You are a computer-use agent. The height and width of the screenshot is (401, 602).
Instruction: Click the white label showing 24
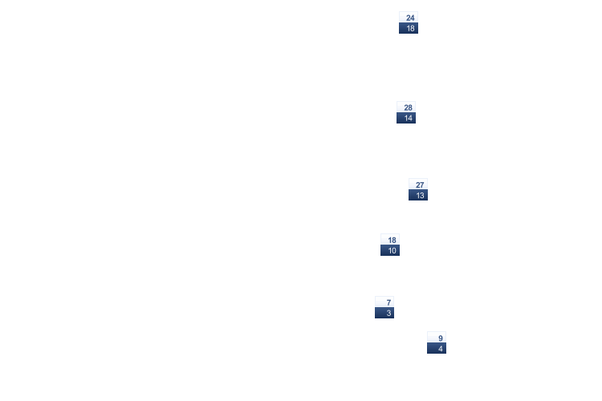pyautogui.click(x=409, y=18)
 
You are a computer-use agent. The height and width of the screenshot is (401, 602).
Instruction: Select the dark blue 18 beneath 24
pyautogui.click(x=409, y=28)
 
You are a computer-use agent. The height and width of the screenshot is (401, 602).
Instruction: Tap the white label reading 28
pyautogui.click(x=406, y=107)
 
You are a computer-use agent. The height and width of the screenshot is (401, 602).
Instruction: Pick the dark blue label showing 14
pyautogui.click(x=406, y=118)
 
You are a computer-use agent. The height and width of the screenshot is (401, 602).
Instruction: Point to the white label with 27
pyautogui.click(x=418, y=184)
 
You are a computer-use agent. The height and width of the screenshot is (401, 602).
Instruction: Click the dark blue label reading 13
pyautogui.click(x=418, y=195)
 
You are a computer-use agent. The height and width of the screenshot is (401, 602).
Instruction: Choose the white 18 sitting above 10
pyautogui.click(x=390, y=240)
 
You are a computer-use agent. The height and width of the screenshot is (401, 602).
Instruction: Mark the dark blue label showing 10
pyautogui.click(x=390, y=250)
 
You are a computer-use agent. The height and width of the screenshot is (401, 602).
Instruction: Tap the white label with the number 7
pyautogui.click(x=384, y=302)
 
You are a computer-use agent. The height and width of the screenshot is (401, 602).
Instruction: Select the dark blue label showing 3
pyautogui.click(x=384, y=313)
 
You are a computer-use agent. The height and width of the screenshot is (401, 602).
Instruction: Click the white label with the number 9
pyautogui.click(x=437, y=338)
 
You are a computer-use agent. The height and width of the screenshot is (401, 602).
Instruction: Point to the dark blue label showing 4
pyautogui.click(x=437, y=348)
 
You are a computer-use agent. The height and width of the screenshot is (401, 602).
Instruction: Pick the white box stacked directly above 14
pyautogui.click(x=406, y=107)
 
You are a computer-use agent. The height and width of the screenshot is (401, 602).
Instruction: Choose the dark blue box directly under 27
pyautogui.click(x=418, y=195)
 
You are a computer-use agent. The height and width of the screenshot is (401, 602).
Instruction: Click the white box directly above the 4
pyautogui.click(x=437, y=338)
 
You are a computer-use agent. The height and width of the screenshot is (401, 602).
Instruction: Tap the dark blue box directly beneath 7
pyautogui.click(x=384, y=313)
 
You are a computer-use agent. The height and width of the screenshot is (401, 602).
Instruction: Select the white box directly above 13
pyautogui.click(x=418, y=184)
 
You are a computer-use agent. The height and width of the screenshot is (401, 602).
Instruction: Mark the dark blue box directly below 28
pyautogui.click(x=406, y=118)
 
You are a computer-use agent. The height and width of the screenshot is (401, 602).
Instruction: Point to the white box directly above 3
pyautogui.click(x=384, y=302)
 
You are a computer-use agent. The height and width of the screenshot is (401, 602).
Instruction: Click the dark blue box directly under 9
pyautogui.click(x=437, y=348)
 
